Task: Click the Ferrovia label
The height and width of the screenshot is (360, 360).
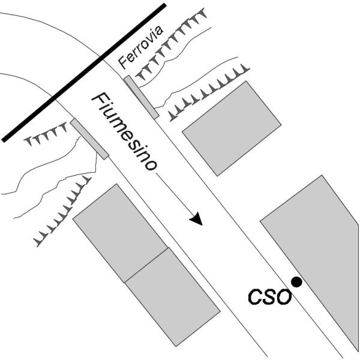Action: point(139,53)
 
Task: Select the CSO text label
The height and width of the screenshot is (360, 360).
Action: point(269,296)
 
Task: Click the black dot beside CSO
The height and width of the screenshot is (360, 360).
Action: point(296,281)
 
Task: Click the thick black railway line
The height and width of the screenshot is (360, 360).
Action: point(84,72)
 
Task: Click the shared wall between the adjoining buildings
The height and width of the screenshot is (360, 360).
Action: point(146,265)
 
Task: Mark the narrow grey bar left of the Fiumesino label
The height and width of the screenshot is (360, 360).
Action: point(89,139)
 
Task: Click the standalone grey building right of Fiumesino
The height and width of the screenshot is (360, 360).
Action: point(231,128)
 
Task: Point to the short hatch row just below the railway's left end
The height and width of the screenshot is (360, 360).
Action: point(46,137)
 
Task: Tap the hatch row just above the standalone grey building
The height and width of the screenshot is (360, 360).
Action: point(207,92)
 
